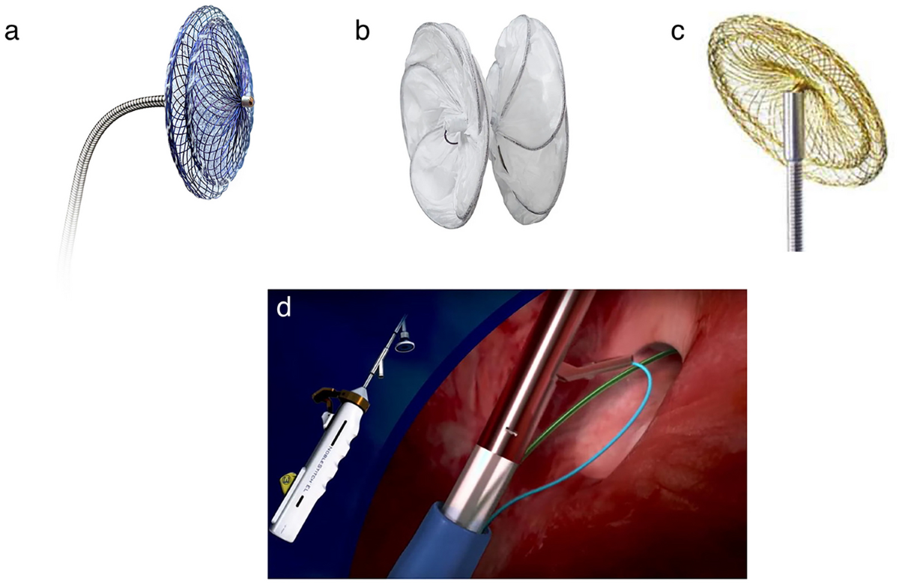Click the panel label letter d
pos(284,307)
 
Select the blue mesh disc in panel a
pos(206,112)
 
